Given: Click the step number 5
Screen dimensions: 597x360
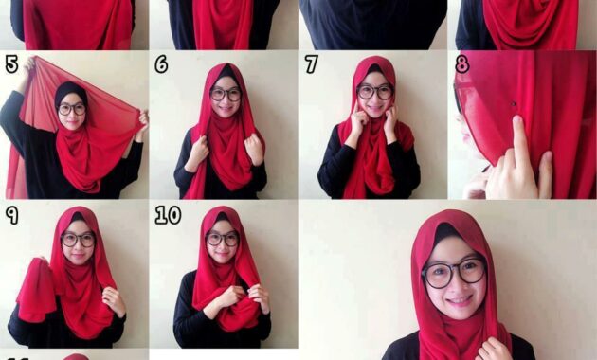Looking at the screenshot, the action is (x=11, y=63).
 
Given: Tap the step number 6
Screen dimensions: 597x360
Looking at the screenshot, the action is (x=161, y=63).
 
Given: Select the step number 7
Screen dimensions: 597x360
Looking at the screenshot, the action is (x=311, y=63).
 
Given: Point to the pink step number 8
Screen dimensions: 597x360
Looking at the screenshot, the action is (x=461, y=63).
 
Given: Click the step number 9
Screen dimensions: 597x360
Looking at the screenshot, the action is (x=11, y=215).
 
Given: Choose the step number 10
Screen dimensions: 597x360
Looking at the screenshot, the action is (x=168, y=215).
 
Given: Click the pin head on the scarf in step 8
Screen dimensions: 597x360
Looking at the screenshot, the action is (x=514, y=103).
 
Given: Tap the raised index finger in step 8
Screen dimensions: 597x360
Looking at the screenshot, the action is (x=518, y=137).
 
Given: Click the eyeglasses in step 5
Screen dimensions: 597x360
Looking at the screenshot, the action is (x=72, y=109).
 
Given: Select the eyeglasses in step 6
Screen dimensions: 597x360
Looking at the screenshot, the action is (x=226, y=94).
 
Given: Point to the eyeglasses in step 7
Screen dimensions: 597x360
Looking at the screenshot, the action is (x=374, y=92).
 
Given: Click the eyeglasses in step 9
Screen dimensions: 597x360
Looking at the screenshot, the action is (x=78, y=240).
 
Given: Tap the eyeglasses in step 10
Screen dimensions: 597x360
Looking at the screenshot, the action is (x=223, y=239).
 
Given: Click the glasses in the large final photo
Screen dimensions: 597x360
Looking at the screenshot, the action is (x=454, y=273).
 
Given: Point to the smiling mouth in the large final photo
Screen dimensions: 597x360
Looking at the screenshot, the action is (x=460, y=301).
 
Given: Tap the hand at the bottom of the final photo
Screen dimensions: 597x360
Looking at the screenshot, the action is (x=495, y=349).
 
